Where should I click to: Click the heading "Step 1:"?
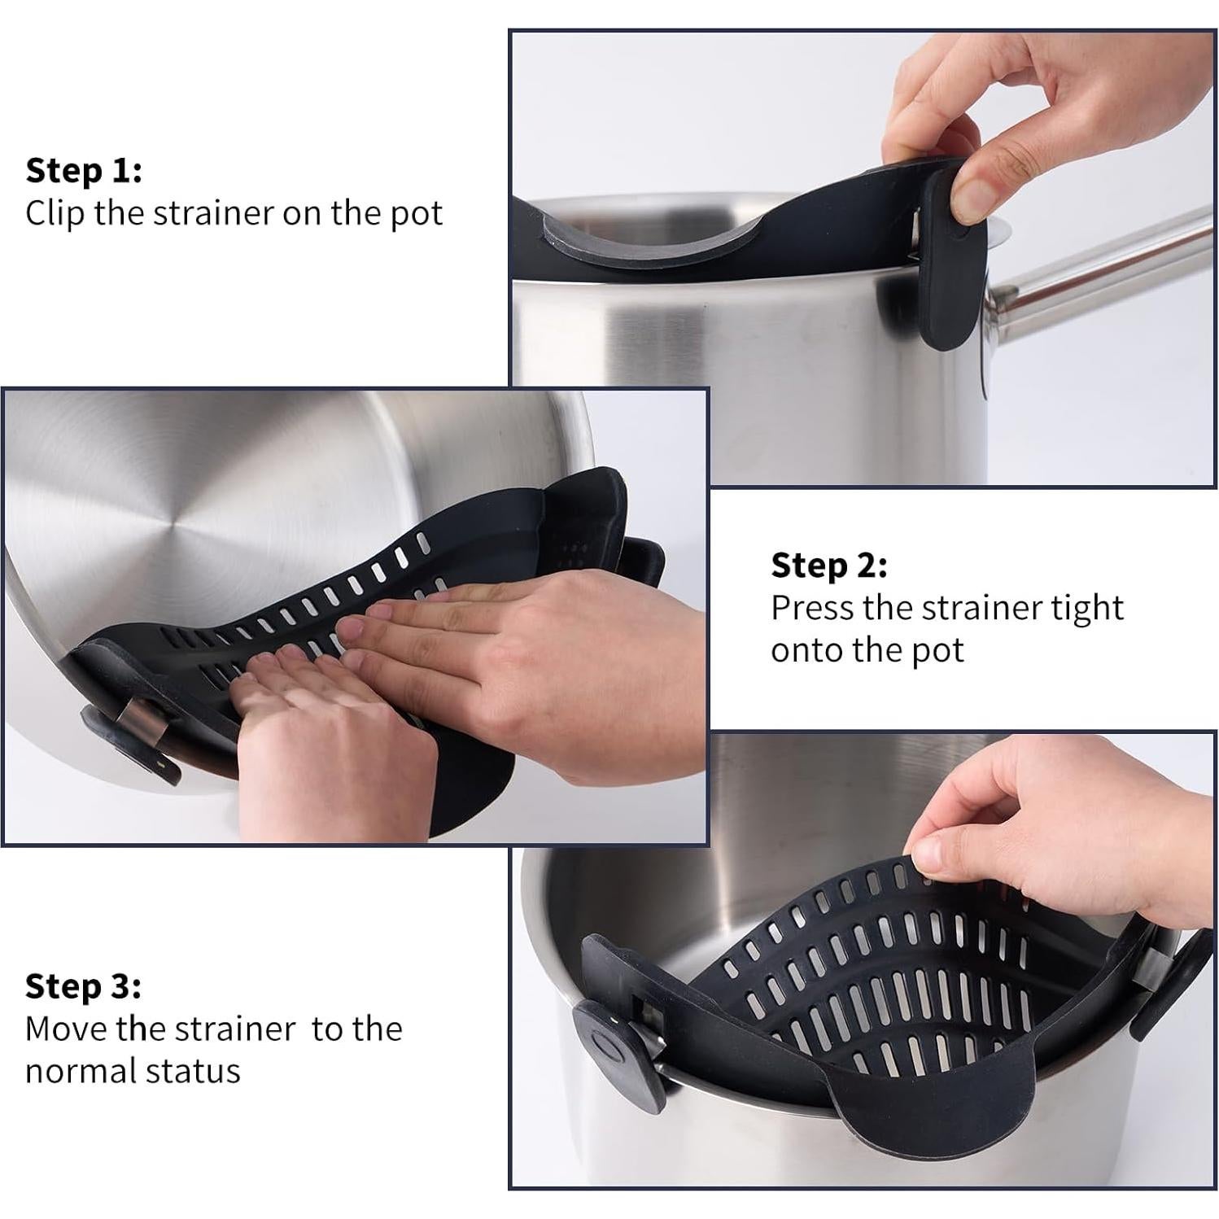point(84,171)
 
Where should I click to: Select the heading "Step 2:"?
point(828,566)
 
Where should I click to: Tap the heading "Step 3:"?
point(83,986)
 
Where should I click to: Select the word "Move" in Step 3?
point(66,1029)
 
